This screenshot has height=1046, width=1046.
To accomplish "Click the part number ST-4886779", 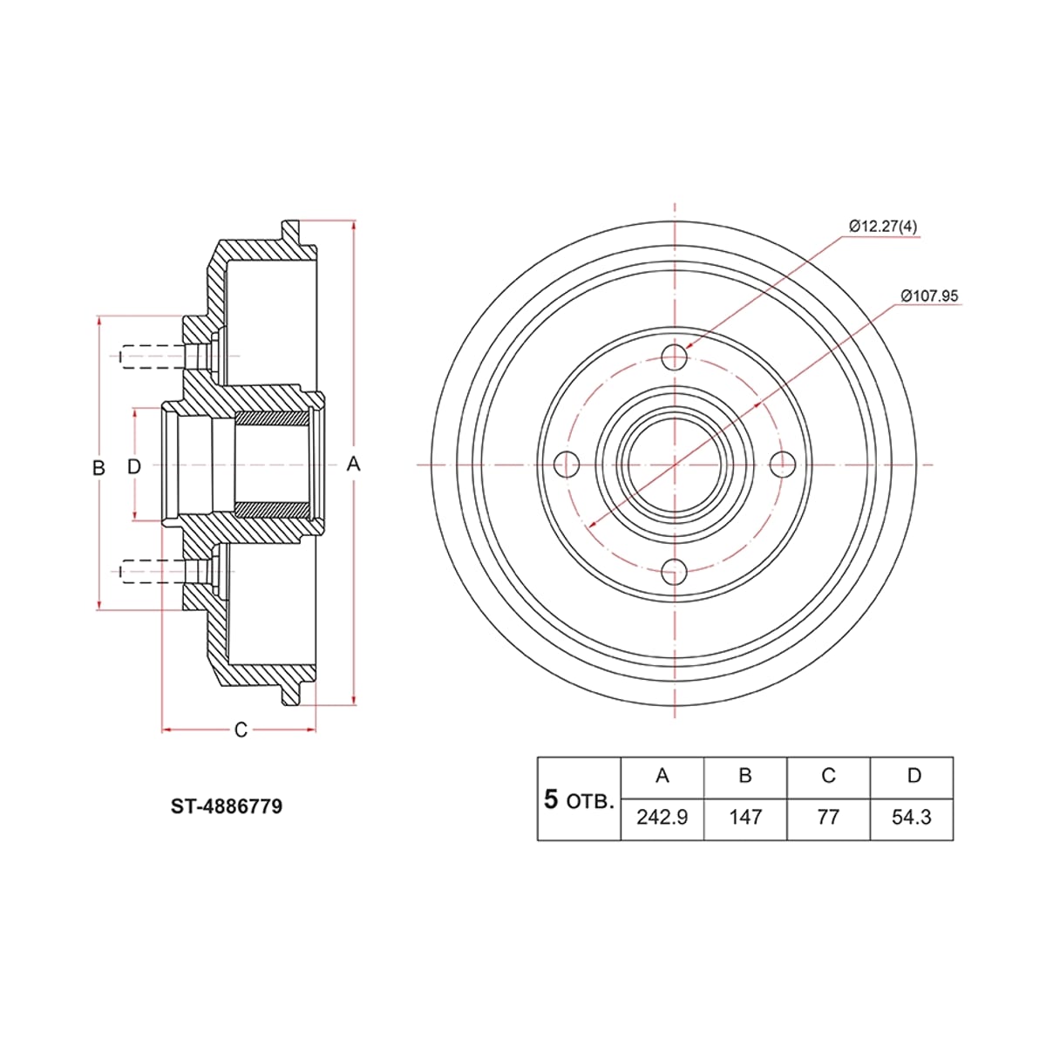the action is (227, 806).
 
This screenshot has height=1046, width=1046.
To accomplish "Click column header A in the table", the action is (662, 778).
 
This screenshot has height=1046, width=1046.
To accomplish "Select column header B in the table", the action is (745, 778).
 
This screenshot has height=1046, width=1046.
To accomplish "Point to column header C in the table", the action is (828, 778).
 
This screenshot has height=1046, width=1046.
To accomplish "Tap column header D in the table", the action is (912, 778).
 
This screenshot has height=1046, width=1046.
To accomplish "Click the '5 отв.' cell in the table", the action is (579, 799).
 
